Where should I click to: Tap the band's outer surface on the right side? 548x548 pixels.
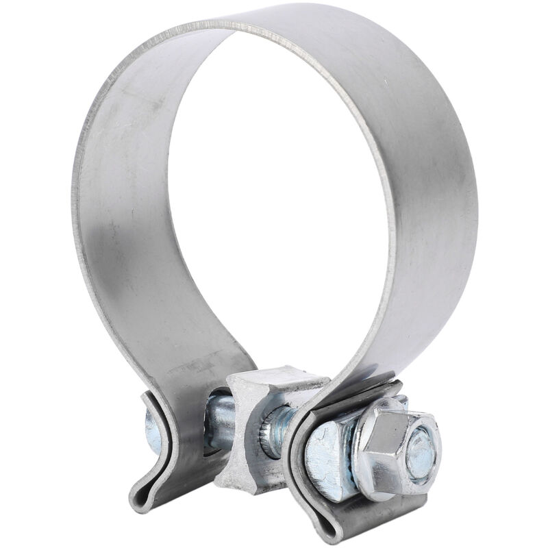438,206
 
